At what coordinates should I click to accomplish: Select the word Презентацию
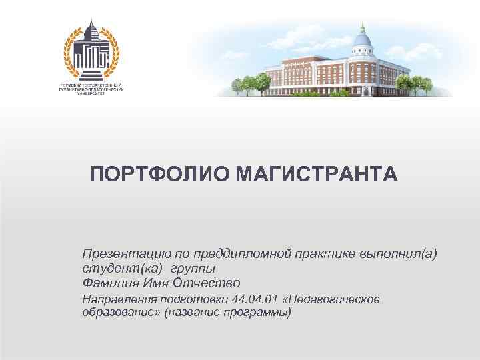click(x=120, y=254)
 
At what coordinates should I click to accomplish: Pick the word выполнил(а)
click(x=399, y=254)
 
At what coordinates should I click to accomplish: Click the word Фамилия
click(x=111, y=283)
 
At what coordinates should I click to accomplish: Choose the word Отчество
click(x=208, y=283)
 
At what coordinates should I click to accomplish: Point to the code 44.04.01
click(x=254, y=299)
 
